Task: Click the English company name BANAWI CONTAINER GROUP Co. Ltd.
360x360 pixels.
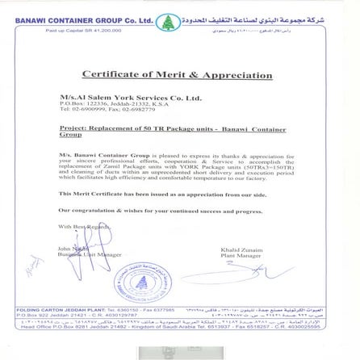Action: tap(84, 20)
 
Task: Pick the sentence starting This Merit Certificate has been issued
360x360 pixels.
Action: tap(161, 195)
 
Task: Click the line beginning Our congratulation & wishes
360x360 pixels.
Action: tap(160, 211)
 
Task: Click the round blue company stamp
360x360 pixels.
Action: tap(144, 283)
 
